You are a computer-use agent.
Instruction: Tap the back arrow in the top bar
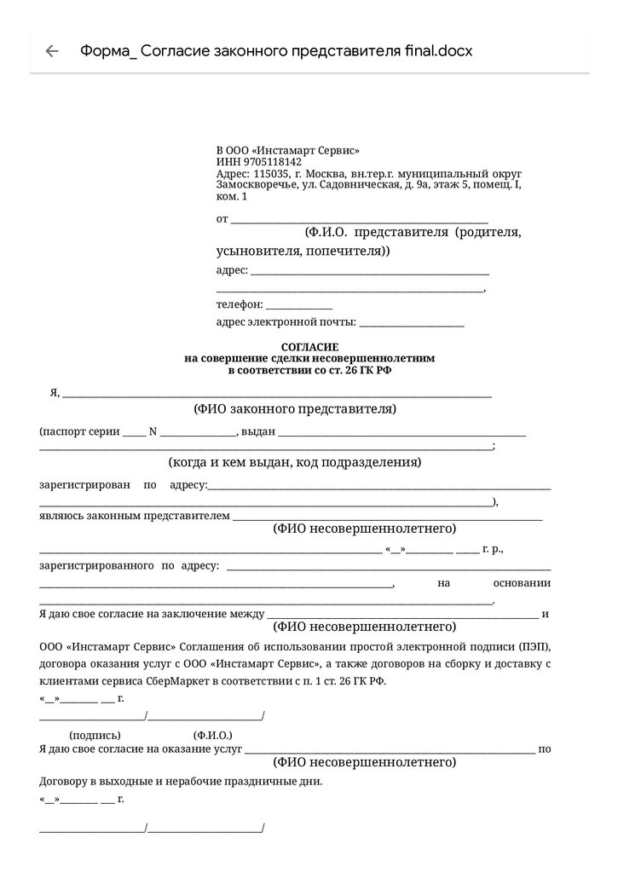[52, 50]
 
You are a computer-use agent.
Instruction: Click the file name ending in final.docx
[275, 50]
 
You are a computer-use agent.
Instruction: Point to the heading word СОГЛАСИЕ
[309, 347]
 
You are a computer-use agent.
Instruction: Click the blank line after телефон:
[299, 305]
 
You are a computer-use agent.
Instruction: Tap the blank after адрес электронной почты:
[413, 323]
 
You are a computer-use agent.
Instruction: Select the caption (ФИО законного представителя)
[295, 408]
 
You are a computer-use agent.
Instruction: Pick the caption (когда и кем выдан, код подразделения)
[295, 462]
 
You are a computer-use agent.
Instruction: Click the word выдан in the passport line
[258, 431]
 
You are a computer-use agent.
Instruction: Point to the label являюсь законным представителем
[135, 516]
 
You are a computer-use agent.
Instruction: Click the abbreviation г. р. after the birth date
[493, 550]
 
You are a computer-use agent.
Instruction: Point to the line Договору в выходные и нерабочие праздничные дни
[181, 780]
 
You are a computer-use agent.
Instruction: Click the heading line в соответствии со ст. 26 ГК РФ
[309, 371]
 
